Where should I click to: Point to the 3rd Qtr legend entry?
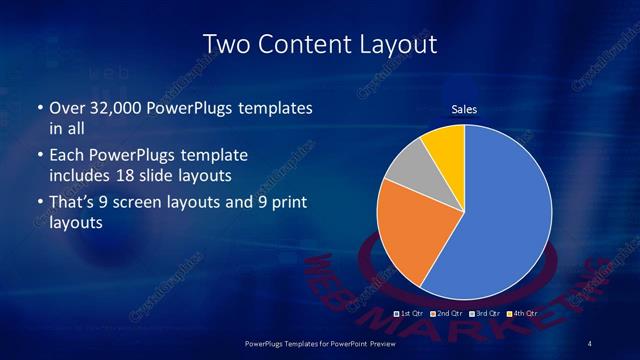(x=482, y=313)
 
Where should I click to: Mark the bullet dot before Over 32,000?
(x=39, y=107)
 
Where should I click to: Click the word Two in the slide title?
(x=224, y=44)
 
